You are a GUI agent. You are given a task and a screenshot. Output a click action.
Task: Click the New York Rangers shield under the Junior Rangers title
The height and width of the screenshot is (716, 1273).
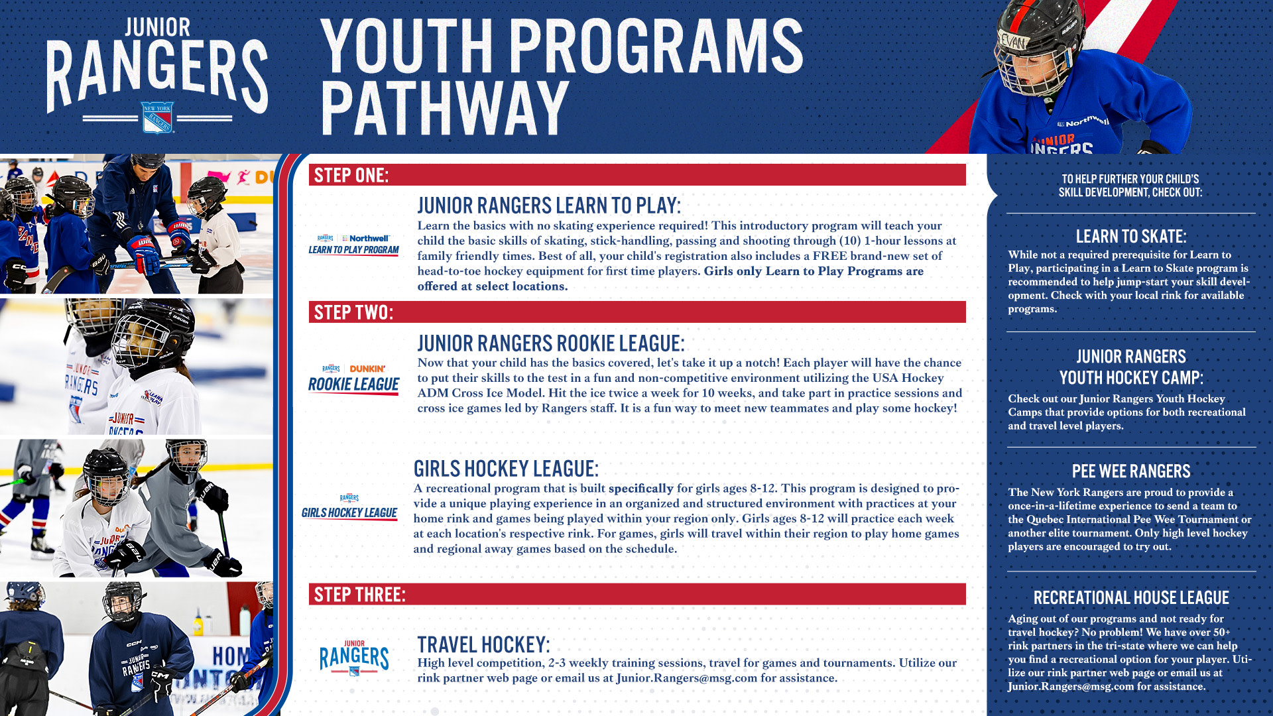(x=157, y=118)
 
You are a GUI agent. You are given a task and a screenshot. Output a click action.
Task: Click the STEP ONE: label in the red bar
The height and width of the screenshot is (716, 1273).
(x=351, y=176)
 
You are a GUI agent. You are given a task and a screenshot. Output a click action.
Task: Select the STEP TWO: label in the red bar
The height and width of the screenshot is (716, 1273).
(x=353, y=312)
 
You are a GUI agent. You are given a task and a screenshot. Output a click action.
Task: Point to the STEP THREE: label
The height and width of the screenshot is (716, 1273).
(x=359, y=595)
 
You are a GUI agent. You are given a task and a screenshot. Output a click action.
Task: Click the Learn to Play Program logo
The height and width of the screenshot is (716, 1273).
(x=353, y=245)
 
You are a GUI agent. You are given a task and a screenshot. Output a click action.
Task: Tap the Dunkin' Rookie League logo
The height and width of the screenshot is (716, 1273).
(x=353, y=379)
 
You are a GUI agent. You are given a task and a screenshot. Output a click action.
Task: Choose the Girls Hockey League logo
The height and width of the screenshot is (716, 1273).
(x=349, y=507)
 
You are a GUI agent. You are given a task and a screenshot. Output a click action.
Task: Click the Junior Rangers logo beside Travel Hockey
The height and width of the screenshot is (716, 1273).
(x=354, y=658)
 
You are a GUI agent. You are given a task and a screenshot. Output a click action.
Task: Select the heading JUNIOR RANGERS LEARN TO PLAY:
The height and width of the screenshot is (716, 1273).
(x=548, y=206)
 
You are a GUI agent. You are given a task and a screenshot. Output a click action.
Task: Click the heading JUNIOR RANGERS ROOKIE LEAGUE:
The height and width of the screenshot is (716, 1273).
(x=550, y=343)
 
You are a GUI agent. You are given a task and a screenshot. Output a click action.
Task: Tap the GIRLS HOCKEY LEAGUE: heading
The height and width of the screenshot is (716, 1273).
(x=506, y=469)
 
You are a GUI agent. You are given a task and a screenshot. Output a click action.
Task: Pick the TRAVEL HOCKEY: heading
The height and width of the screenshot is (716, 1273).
(x=483, y=644)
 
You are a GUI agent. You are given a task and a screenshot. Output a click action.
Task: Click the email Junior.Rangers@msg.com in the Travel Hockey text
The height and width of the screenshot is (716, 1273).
(x=686, y=678)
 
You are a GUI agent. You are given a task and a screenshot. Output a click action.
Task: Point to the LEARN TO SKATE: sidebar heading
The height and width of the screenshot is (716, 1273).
(x=1131, y=237)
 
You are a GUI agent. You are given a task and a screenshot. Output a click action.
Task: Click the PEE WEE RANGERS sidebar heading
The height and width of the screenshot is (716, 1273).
(x=1131, y=471)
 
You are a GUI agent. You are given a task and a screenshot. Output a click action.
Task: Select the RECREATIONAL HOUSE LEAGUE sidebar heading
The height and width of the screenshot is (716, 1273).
(x=1131, y=598)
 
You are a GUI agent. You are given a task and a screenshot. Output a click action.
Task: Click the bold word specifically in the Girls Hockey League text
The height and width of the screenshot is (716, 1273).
(x=640, y=489)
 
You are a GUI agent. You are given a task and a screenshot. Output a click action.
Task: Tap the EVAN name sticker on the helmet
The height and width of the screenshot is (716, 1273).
(x=1013, y=42)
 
